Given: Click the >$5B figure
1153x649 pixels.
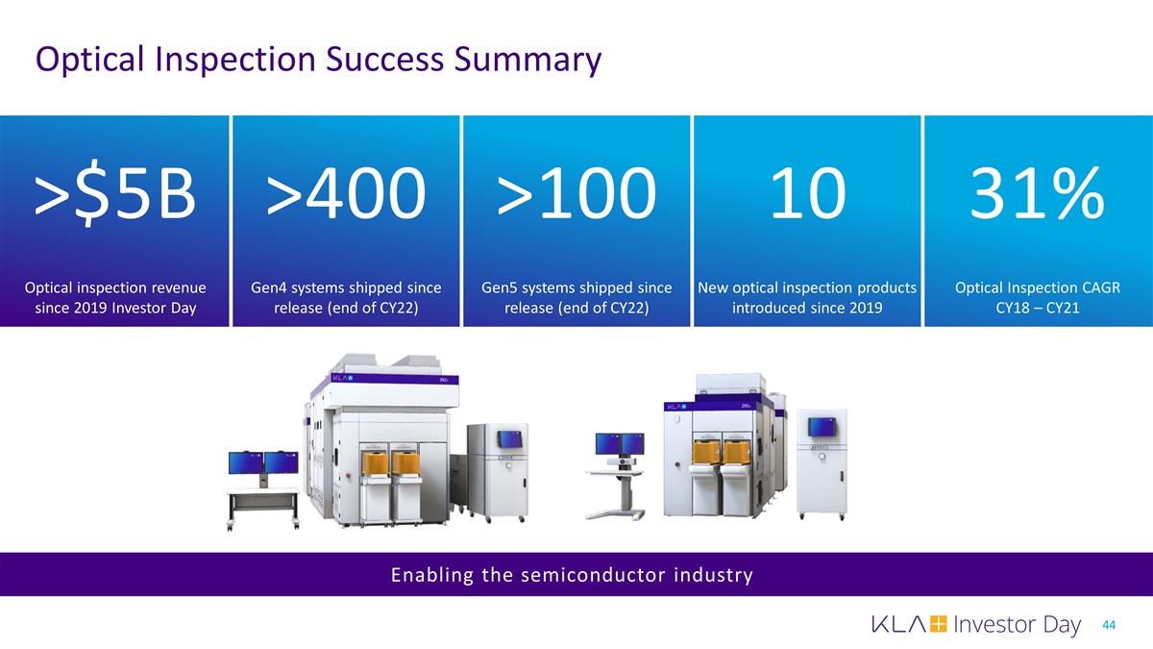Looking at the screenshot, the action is coord(114,193).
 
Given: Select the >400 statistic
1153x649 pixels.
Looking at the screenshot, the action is coord(346,193).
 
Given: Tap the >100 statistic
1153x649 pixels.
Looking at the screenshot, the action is coord(576,193).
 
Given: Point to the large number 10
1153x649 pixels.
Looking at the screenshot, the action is coord(807,193).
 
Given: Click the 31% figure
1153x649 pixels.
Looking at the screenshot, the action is coord(1037,193).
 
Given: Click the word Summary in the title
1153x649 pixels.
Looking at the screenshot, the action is coord(527,61).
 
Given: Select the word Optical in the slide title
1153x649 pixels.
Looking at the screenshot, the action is coord(89,60).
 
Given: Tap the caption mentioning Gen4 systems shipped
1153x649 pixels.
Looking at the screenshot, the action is coord(346,298).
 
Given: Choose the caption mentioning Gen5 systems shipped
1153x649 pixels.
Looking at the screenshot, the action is coord(576,298).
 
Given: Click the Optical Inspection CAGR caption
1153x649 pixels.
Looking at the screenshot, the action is coord(1038,298).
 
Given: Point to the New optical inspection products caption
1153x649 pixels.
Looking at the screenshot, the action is coord(807,298).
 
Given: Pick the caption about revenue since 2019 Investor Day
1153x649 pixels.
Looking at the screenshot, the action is coord(115,298).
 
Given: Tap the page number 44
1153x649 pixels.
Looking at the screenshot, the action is coord(1109,625).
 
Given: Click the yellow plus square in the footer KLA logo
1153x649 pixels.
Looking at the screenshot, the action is coord(939,624).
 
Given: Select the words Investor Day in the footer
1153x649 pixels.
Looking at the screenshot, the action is coord(1018,625).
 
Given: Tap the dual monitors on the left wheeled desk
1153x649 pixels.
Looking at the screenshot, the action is coord(263,462).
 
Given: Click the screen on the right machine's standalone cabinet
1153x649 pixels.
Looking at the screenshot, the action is coord(822,427).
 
